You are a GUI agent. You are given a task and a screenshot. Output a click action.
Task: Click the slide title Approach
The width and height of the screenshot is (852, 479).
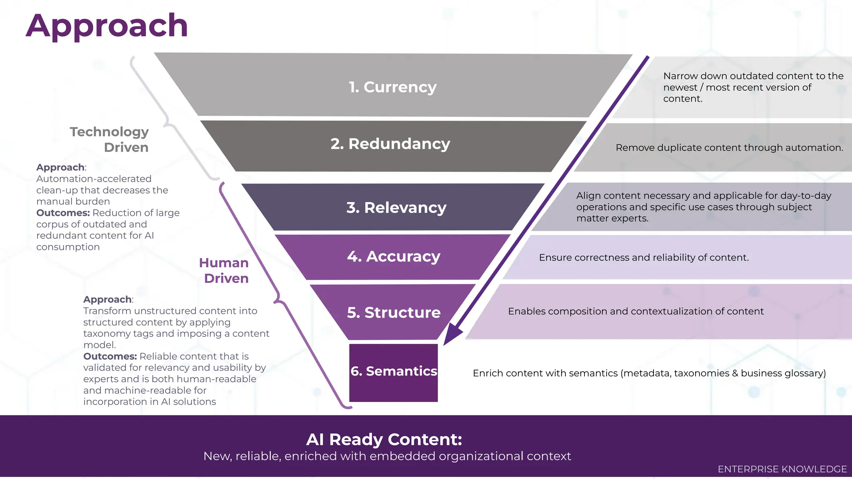[106, 26]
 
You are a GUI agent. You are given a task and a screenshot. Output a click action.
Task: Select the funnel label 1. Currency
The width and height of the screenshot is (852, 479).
[393, 87]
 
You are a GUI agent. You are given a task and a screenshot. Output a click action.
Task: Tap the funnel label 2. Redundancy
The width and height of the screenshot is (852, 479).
[390, 144]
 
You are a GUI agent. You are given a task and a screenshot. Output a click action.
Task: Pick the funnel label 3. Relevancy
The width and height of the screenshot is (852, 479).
[396, 207]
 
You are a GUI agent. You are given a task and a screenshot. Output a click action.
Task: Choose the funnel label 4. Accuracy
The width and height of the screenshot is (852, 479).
[394, 257]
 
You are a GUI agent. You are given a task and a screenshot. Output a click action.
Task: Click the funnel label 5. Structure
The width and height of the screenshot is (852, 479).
[394, 312]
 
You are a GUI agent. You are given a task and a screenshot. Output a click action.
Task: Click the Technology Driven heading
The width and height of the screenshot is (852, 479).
[109, 139]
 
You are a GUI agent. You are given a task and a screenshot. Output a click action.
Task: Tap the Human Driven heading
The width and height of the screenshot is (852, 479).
[224, 270]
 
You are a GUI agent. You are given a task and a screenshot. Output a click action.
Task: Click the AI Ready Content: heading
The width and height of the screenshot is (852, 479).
[384, 439]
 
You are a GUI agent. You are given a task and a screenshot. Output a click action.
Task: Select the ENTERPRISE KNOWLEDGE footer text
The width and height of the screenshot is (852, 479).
[782, 469]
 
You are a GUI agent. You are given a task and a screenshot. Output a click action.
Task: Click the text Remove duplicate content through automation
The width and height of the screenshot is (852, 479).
[729, 148]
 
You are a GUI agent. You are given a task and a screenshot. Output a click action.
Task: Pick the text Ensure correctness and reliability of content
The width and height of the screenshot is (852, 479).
[644, 257]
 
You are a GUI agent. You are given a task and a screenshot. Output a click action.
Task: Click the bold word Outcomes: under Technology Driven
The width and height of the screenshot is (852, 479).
[63, 213]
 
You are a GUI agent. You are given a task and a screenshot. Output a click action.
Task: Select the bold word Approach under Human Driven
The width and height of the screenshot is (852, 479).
[107, 299]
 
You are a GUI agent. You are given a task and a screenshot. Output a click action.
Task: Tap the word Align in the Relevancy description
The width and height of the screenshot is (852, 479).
[588, 196]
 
